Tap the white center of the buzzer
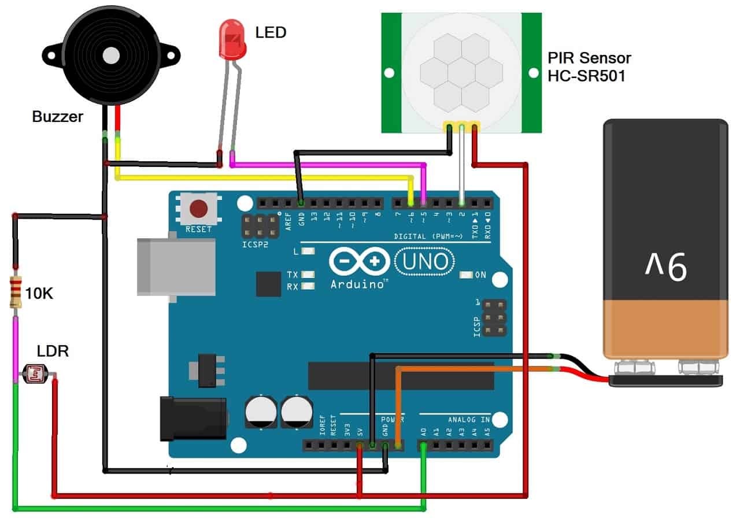point(111,55)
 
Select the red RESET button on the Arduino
point(199,208)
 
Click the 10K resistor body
point(16,293)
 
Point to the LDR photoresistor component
point(35,375)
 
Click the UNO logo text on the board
point(423,262)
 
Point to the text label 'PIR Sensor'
point(589,58)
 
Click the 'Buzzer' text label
point(58,117)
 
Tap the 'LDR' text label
point(53,351)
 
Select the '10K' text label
point(39,294)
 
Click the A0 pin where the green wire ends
point(424,445)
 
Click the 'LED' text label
point(271,32)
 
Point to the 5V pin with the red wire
point(360,445)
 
